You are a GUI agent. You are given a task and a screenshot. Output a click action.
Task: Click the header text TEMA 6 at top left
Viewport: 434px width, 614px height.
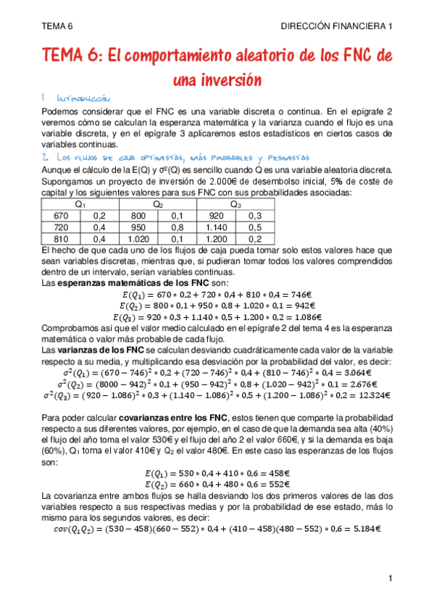pos(57,26)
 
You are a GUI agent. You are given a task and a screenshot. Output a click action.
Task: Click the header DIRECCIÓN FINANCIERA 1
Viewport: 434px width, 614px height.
pos(337,26)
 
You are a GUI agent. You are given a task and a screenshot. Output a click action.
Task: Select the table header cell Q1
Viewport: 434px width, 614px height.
pos(80,205)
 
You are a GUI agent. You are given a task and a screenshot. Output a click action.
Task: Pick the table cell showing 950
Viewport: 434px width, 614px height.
pos(138,227)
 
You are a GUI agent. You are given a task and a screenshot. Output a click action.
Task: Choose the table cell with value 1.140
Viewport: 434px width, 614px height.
pos(215,227)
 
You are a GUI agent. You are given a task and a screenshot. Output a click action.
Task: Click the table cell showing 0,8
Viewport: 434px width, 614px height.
pos(177,227)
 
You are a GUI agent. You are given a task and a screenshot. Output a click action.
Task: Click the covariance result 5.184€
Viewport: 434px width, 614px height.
pos(365,529)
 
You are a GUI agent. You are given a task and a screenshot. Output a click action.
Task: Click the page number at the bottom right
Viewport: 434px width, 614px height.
pos(390,578)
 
